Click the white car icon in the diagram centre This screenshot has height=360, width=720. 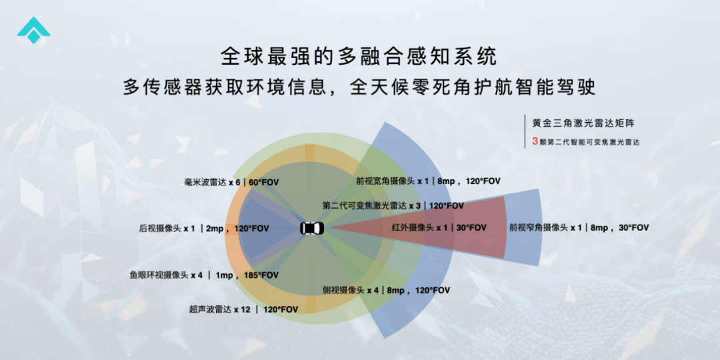point(312,228)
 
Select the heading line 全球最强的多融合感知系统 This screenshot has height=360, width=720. point(359,57)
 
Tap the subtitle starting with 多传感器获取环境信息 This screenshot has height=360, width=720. point(359,87)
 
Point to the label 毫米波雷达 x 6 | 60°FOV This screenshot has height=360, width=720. point(231,182)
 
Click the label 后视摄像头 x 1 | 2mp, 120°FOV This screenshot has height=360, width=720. point(204,228)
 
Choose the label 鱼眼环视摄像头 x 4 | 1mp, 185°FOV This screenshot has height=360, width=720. point(204,275)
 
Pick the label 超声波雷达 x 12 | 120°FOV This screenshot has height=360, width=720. point(243,309)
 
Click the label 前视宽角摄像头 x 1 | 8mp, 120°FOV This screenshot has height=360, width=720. point(428,181)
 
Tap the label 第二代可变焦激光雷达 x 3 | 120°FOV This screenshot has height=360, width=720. point(393,205)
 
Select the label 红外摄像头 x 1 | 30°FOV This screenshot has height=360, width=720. point(439,227)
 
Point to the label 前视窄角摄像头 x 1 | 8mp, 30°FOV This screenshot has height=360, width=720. point(579,227)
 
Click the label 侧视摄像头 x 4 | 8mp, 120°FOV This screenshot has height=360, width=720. point(386,290)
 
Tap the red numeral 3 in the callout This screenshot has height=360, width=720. point(535,143)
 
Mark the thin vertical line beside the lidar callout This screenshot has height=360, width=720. point(525,131)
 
